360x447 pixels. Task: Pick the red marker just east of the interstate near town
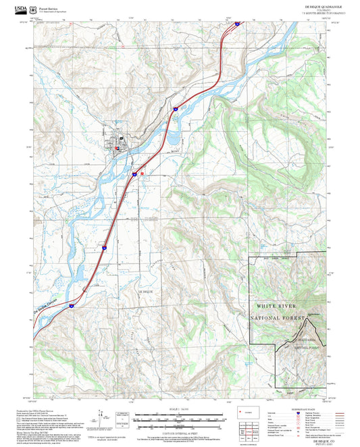(142, 173)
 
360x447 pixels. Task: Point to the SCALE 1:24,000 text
(180, 409)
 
